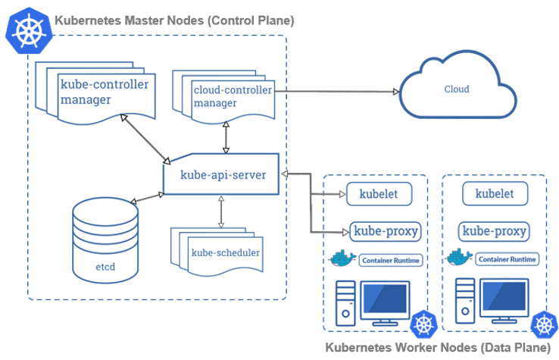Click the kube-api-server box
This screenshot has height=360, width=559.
tap(222, 174)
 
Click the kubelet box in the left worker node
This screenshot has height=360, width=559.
tap(378, 193)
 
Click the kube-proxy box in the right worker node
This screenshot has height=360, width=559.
tap(495, 230)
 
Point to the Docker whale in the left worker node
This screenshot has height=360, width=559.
tap(343, 258)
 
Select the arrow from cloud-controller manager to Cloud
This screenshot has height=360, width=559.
tap(337, 91)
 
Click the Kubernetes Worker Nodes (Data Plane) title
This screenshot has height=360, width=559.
tap(437, 348)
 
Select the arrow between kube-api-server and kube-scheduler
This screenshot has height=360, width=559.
tap(220, 212)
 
